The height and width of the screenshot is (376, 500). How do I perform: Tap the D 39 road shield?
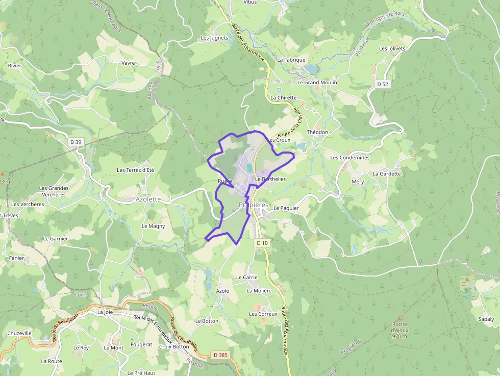tap(75, 142)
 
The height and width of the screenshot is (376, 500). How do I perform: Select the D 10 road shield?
tap(262, 243)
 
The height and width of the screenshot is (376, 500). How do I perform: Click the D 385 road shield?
tap(220, 355)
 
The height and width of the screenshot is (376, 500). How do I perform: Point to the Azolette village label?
tap(148, 199)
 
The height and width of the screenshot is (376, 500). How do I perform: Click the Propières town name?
tap(254, 205)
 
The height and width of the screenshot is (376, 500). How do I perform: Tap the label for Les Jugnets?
tap(215, 38)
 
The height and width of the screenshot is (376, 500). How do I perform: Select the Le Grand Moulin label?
tap(317, 82)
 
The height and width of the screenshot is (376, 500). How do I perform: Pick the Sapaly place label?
tap(486, 319)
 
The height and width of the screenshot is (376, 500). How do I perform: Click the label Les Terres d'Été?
tap(135, 170)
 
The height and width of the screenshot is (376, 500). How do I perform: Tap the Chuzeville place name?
tap(19, 333)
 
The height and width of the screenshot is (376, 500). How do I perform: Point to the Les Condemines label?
tap(349, 158)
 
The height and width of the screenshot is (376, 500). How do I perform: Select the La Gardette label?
tap(387, 173)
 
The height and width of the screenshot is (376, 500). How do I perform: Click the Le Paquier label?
tap(286, 208)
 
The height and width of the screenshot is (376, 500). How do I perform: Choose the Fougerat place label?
tap(141, 345)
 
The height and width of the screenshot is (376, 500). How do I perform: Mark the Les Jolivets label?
tap(392, 48)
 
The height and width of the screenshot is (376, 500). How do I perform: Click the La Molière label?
tap(259, 290)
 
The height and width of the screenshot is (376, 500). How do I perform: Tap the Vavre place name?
tap(128, 63)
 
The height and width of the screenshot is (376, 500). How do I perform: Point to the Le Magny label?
tap(153, 225)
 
